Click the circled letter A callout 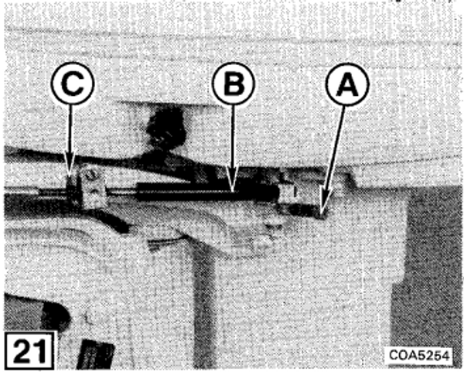pos(347,84)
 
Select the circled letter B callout pos(234,84)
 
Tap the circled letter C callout pos(73,83)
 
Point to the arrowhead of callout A pos(323,210)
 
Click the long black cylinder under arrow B pos(207,192)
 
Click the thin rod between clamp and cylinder pos(121,193)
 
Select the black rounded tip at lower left pos(55,316)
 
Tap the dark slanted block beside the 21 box pos(96,355)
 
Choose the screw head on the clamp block pos(90,176)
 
